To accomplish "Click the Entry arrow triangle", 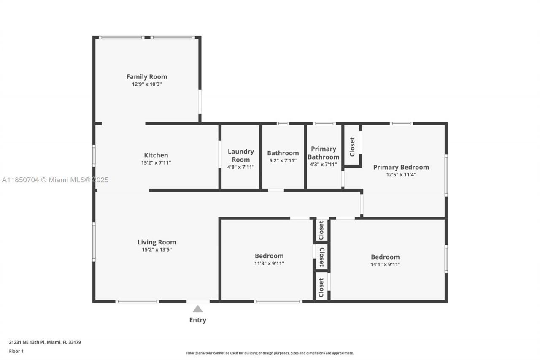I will coord(197,309).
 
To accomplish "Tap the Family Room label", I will coord(147,76).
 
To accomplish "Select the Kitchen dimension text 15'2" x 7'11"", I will coord(156,162).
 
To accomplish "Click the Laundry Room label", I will coord(241,155).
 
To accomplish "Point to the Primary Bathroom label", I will coord(324,153).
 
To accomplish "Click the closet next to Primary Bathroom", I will coord(352,146).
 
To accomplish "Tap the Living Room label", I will coord(157,242).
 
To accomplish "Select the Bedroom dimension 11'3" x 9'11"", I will coord(269,264).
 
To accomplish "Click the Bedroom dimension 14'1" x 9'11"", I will coord(385,265).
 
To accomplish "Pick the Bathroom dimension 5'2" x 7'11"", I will coord(283,161).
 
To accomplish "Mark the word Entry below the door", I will coord(197,320).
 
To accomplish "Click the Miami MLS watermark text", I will coord(55,180).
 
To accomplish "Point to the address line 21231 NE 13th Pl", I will coord(45,342).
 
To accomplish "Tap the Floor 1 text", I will coord(16,351).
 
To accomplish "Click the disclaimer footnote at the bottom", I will coord(270,353).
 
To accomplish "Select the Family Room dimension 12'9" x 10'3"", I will coord(147,84).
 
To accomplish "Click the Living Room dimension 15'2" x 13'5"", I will coord(157,249).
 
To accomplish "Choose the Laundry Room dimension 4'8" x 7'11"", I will coord(241,167).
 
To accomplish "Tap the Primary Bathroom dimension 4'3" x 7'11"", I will coord(324,165).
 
